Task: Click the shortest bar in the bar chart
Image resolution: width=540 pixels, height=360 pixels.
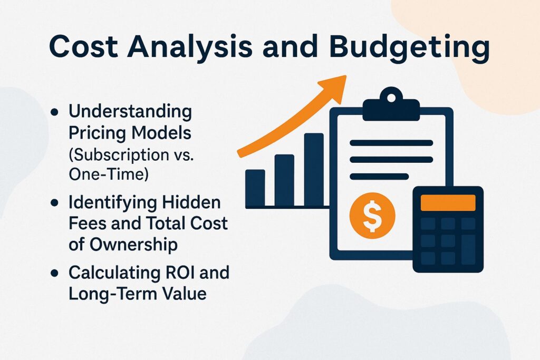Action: pyautogui.click(x=255, y=188)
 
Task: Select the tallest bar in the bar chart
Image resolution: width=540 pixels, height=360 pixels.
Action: pyautogui.click(x=313, y=169)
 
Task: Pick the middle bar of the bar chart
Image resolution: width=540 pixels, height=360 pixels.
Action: pyautogui.click(x=284, y=180)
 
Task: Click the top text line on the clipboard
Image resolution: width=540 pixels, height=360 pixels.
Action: pyautogui.click(x=391, y=142)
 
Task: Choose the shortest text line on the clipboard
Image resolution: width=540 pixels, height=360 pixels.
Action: pyautogui.click(x=379, y=176)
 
